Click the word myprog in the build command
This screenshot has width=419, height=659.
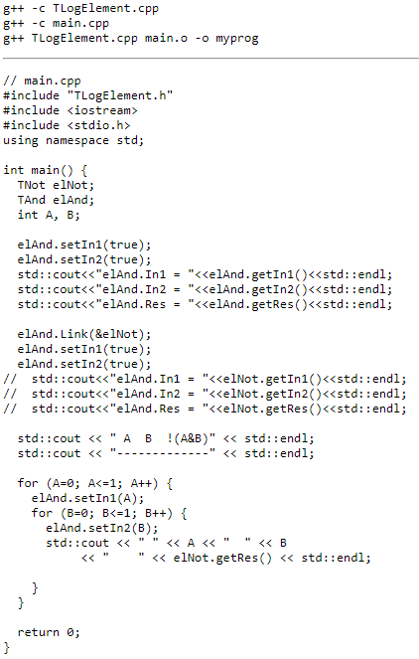click(x=236, y=39)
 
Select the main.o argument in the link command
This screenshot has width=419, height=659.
click(x=166, y=38)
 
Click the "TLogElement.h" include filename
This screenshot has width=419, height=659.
click(x=120, y=96)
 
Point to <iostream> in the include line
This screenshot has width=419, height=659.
click(x=102, y=110)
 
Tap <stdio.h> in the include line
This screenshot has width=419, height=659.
click(x=98, y=125)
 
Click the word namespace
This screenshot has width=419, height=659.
click(x=77, y=141)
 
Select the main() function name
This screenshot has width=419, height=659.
click(x=53, y=170)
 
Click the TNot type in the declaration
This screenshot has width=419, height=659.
click(x=32, y=185)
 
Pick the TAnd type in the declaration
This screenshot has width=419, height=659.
click(x=32, y=200)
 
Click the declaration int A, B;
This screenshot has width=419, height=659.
click(x=49, y=215)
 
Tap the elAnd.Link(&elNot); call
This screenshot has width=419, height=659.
click(x=84, y=334)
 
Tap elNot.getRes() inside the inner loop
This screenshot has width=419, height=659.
click(x=222, y=559)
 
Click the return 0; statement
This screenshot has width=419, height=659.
click(x=49, y=632)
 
